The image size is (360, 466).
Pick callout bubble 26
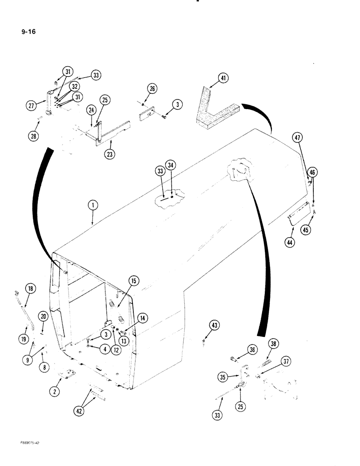pos(152,89)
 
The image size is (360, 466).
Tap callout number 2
pos(55,392)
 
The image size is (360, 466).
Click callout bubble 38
pos(273,343)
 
